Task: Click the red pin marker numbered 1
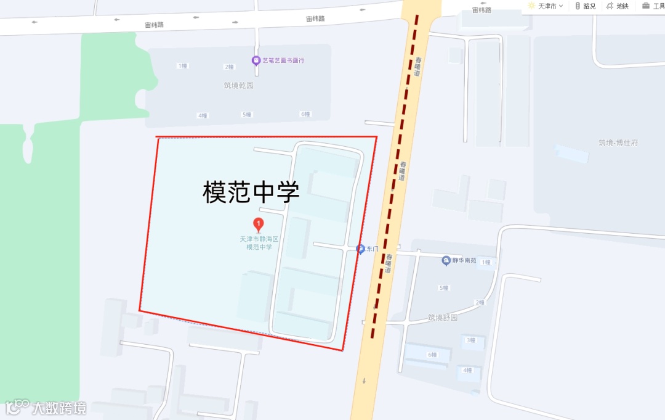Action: pos(259,224)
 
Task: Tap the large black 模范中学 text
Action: pos(251,192)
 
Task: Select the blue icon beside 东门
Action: pos(360,249)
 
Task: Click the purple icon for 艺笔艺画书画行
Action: pos(256,60)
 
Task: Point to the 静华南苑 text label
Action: pos(464,261)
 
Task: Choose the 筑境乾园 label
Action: pos(238,85)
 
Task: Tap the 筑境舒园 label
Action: pos(443,318)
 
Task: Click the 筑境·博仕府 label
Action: pos(618,142)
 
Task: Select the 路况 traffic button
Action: pos(585,6)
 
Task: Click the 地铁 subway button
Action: pos(618,6)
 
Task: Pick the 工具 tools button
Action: pos(654,6)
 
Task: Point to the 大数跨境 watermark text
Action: pos(59,408)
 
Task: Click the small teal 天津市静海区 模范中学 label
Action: pos(259,243)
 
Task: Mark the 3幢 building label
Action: pos(470,340)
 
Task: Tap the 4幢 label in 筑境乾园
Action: pos(203,115)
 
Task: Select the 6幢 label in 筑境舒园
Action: pos(432,355)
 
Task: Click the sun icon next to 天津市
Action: pos(531,6)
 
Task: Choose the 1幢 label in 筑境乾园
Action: pos(182,66)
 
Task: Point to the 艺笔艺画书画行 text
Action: pos(283,60)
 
